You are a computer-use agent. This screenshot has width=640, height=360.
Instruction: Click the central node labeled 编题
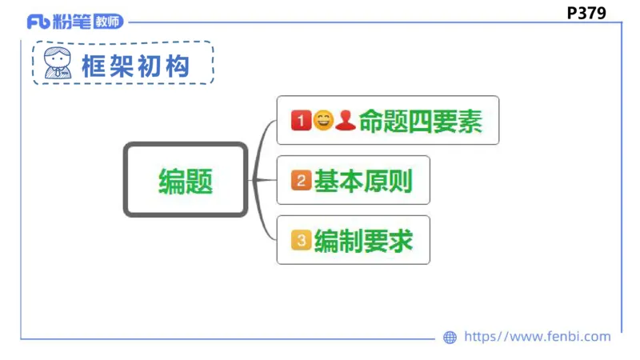coord(186,180)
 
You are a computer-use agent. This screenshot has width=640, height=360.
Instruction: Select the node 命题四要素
coord(387,121)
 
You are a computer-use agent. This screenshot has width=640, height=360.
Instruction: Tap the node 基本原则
coord(353,181)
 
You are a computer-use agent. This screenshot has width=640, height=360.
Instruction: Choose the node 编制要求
coord(353,240)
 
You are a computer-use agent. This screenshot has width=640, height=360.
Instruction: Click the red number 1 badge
coord(301,121)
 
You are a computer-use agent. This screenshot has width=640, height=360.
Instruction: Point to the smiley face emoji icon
coord(322,121)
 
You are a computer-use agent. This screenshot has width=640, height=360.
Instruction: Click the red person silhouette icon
coord(345,121)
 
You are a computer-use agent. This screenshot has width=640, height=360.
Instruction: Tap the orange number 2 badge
coord(301,181)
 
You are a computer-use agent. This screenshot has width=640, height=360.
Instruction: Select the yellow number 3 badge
coord(301,240)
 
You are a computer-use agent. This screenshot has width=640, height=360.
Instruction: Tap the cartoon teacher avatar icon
coord(57,63)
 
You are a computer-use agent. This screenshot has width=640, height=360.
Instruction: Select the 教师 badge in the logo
coord(108,22)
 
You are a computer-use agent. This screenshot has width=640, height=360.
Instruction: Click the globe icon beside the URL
coord(450,338)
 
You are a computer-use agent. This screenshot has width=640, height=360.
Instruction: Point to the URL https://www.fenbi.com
coord(537,337)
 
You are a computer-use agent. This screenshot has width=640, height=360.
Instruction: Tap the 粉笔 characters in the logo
coord(71,22)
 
